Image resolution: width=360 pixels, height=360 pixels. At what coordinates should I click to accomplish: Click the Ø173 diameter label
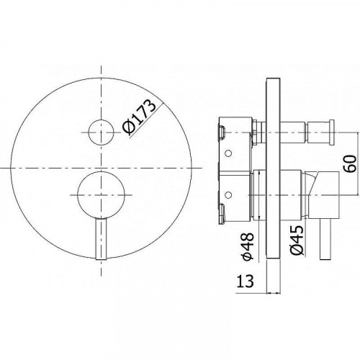139,117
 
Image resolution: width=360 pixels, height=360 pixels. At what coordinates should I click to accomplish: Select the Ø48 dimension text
248,246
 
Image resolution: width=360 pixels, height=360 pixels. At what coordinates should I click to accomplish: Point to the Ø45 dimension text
297,240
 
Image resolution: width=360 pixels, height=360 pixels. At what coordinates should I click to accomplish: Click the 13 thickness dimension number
245,282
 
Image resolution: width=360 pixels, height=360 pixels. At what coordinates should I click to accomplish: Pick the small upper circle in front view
101,132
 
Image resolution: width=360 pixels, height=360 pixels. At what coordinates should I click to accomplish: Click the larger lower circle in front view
101,195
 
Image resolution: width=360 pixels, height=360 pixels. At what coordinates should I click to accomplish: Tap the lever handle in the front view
101,239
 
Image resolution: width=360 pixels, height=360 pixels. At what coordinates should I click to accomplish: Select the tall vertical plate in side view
274,168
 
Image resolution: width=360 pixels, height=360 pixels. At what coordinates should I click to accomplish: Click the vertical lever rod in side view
325,239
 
